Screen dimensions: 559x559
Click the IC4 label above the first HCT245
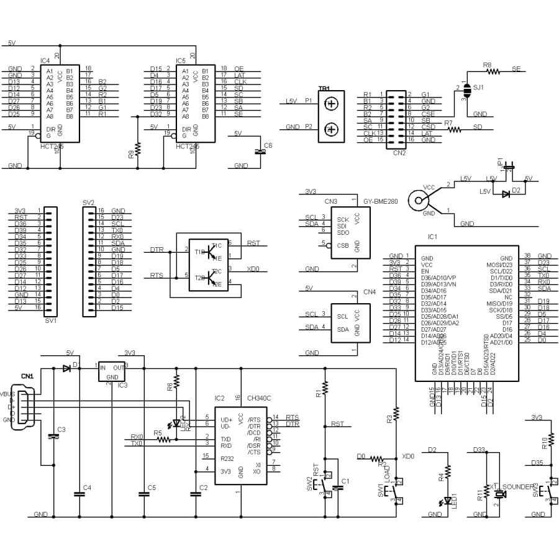pos(45,60)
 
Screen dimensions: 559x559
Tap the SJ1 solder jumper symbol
pos(466,93)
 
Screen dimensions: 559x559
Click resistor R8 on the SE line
pos(493,71)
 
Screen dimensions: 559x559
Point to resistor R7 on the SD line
pos(455,129)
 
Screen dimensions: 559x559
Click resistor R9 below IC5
pos(138,148)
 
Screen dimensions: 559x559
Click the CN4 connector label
pos(369,291)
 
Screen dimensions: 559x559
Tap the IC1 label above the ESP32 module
pos(432,237)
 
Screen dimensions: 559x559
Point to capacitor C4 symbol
pos(78,494)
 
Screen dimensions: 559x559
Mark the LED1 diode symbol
pos(447,501)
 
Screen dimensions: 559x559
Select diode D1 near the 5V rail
pos(66,368)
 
